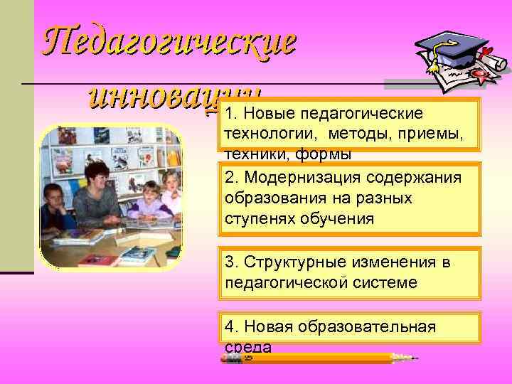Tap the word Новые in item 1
click(268, 114)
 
